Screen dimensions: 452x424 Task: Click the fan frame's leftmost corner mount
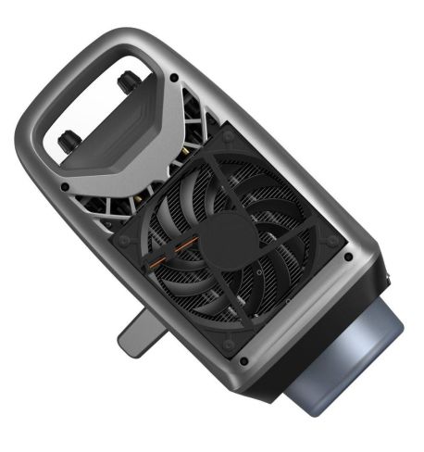(x=122, y=240)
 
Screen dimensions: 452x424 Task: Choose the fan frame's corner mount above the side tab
(x=231, y=342)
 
